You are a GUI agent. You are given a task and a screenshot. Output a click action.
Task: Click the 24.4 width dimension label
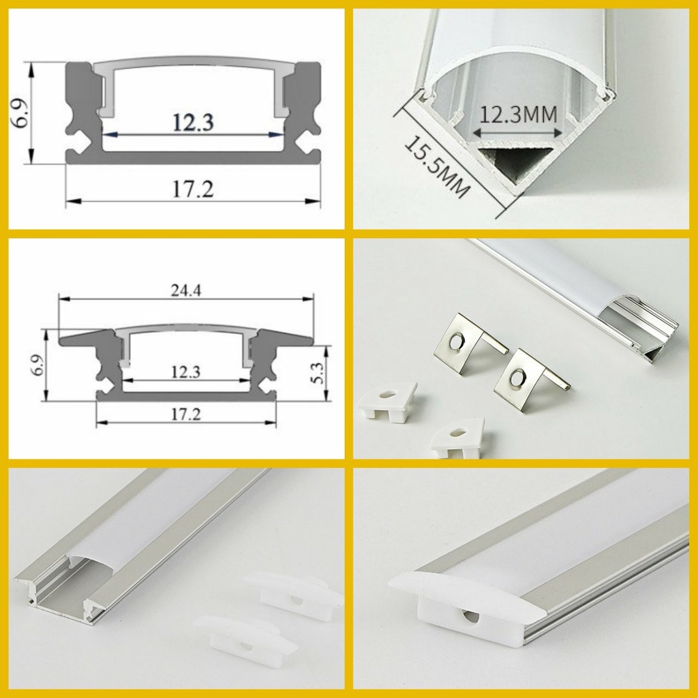tap(186, 290)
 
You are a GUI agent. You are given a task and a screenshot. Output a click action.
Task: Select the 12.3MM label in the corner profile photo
tap(519, 115)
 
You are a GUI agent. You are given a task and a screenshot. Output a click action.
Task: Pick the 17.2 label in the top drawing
tap(193, 189)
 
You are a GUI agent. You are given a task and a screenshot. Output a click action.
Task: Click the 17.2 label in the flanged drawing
tap(186, 414)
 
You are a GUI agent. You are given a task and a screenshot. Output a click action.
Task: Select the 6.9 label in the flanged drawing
tap(38, 365)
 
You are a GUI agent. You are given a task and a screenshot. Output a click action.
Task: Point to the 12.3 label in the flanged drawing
tap(185, 371)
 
